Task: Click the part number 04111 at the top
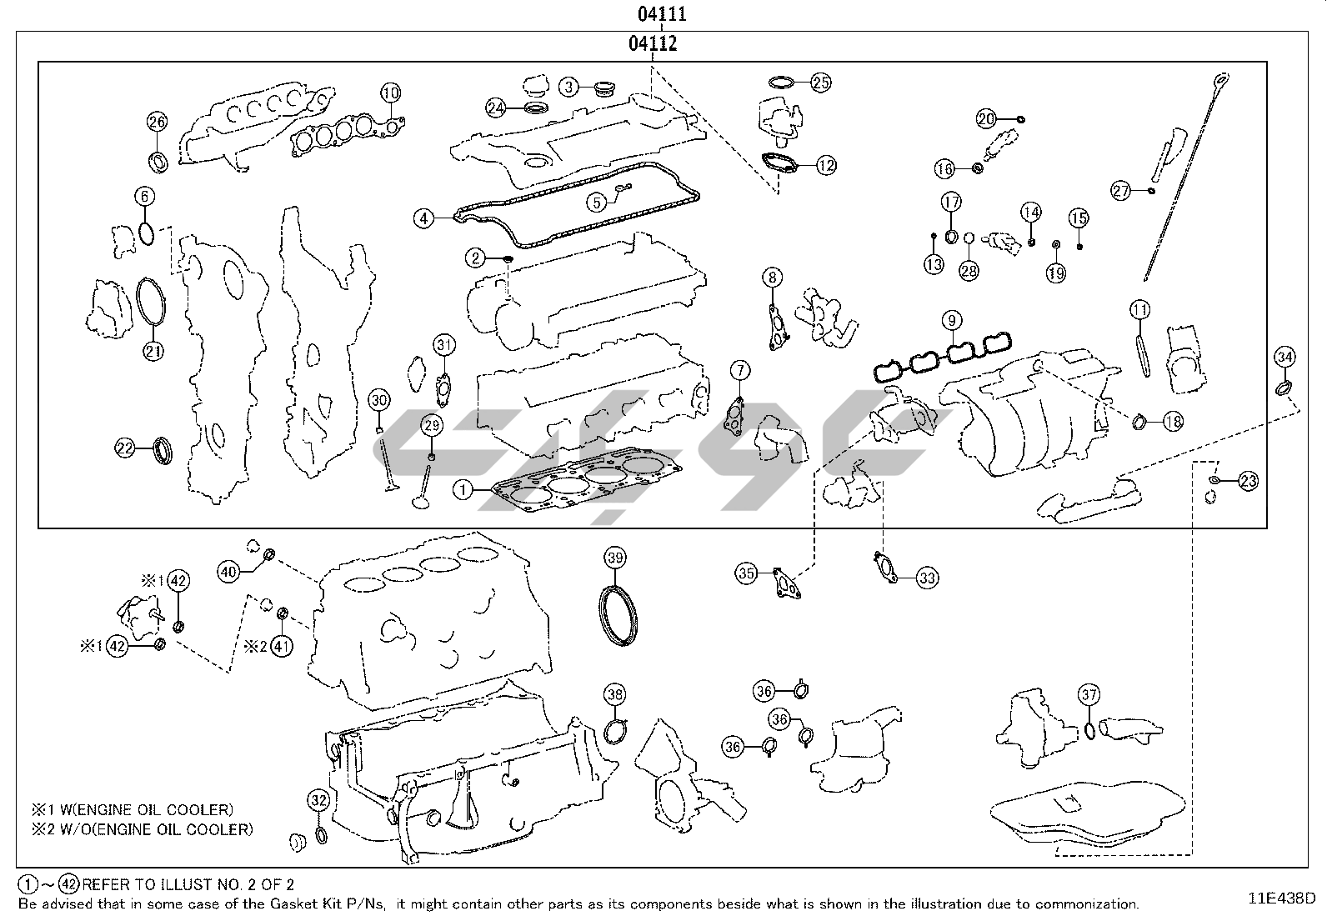coord(663,14)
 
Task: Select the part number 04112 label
coord(653,44)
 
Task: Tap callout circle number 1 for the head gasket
coord(463,490)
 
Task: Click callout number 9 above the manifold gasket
coord(951,320)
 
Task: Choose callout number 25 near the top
coord(820,82)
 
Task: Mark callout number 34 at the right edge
coord(1284,358)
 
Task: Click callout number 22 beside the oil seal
coord(124,448)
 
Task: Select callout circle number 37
coord(1089,694)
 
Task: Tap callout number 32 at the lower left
coord(318,800)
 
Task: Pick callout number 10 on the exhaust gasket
coord(391,93)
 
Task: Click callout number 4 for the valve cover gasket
coord(424,219)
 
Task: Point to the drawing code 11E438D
coord(1280,898)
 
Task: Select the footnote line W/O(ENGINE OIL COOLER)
coord(142,829)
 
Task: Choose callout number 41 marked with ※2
coord(282,645)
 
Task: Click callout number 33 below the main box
coord(928,577)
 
